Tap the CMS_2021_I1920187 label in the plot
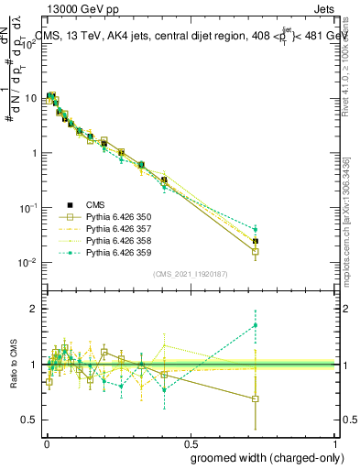(x=191, y=273)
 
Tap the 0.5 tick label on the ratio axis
(x=29, y=420)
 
